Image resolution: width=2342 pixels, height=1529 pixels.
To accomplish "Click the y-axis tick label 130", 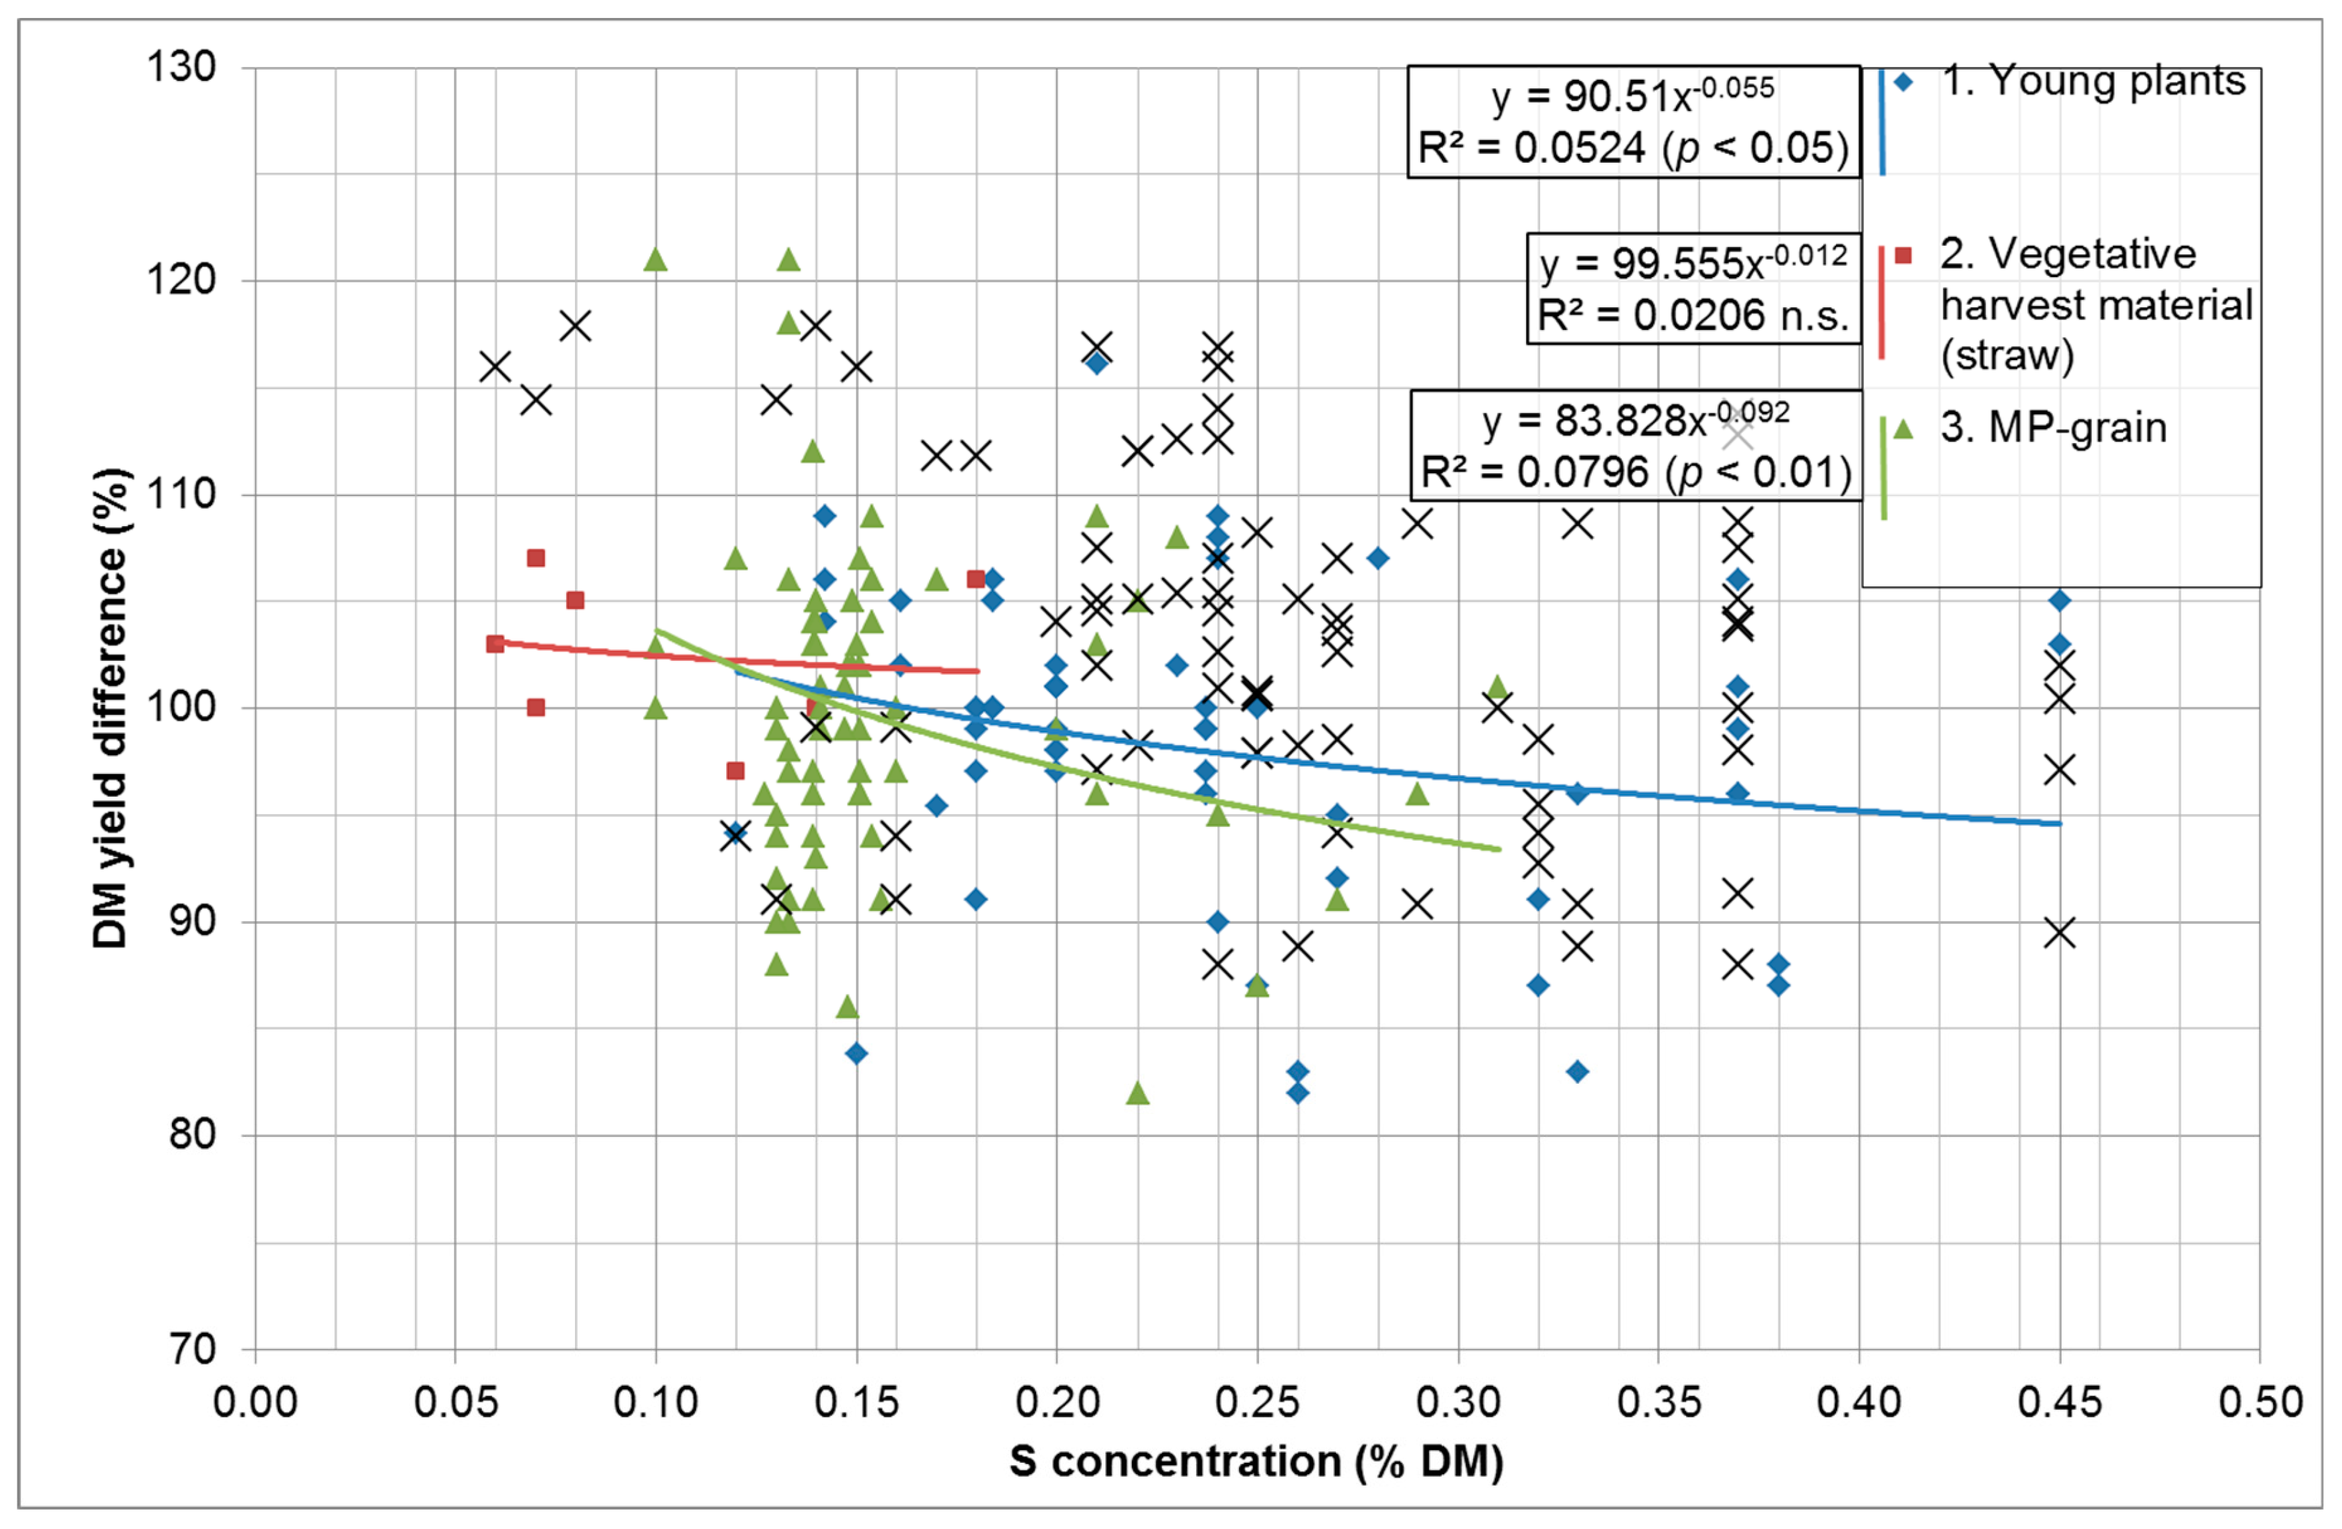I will click(181, 68).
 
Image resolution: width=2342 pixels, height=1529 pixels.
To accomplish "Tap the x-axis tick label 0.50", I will click(2260, 1402).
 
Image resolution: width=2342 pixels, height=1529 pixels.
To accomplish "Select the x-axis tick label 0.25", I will click(1256, 1402).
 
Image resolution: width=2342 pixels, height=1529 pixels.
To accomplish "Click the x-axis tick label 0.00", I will click(255, 1402).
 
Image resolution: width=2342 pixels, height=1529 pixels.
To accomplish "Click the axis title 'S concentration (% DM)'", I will click(1256, 1461).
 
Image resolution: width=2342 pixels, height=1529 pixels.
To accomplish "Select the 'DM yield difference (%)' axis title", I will click(110, 708).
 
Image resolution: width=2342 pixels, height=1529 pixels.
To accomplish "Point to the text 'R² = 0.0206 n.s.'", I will click(1693, 315).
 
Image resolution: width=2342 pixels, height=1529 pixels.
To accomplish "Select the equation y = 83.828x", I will click(1635, 421).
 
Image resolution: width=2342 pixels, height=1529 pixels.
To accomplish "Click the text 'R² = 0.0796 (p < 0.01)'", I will click(1635, 472).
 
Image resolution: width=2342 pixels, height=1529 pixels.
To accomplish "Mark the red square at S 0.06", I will click(495, 643).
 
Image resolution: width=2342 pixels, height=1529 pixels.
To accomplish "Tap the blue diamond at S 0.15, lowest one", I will click(856, 1054).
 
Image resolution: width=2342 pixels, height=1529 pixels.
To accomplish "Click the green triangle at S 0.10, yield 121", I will click(655, 260).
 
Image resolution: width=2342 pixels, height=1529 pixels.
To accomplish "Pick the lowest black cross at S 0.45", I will click(2060, 933).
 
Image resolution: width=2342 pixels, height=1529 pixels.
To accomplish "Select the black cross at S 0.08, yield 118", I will click(576, 325).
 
